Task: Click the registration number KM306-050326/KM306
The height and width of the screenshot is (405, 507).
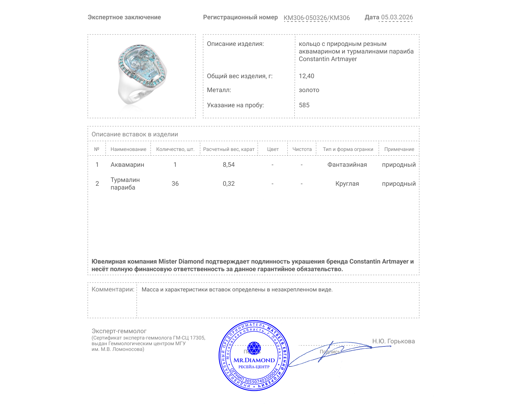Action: pos(317,18)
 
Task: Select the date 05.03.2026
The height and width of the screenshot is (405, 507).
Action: pos(397,17)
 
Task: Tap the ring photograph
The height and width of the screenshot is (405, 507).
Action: pos(142,75)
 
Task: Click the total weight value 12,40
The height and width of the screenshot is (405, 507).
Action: pos(306,76)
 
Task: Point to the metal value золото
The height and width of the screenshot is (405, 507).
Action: pos(309,90)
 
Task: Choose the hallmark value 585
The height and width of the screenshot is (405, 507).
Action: pos(304,105)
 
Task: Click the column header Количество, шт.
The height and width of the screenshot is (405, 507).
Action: pos(175,149)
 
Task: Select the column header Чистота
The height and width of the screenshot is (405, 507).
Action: pos(302,149)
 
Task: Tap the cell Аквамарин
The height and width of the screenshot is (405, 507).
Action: pos(127,165)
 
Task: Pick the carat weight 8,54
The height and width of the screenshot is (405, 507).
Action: pos(229,165)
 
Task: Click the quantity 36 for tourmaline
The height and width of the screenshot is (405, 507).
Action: pos(175,184)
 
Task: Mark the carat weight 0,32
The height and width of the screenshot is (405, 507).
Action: pos(229,184)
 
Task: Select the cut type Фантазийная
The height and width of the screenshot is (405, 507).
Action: pos(347,165)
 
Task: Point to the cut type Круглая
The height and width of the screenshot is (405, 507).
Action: pos(347,184)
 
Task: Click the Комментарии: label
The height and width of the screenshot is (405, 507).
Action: pos(113,289)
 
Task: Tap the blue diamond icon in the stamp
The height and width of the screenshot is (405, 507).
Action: pos(254,348)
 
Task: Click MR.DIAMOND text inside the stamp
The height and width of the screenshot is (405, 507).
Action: pos(254,360)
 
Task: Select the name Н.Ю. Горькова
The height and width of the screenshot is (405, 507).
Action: pos(393,341)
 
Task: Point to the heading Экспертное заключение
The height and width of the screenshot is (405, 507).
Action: pos(124,17)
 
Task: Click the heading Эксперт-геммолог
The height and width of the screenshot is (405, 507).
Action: pos(119,331)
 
